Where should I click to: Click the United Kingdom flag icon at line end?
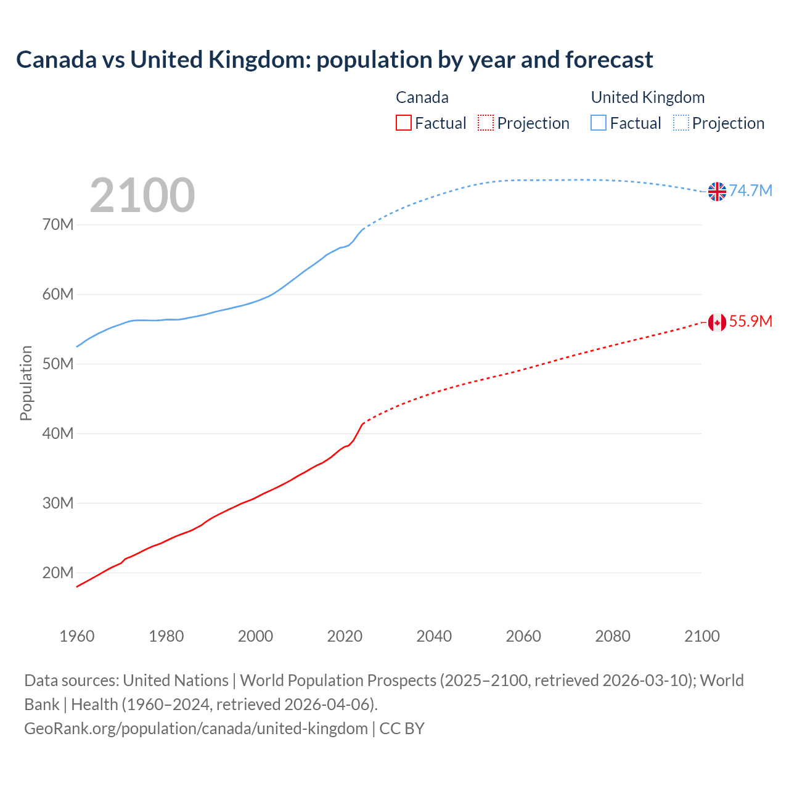click(x=717, y=192)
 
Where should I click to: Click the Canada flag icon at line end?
click(x=717, y=322)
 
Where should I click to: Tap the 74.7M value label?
click(x=750, y=190)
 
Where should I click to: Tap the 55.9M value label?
click(x=750, y=321)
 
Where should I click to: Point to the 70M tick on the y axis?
click(x=58, y=224)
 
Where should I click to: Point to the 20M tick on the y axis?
click(x=58, y=573)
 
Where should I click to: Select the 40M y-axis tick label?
click(x=58, y=433)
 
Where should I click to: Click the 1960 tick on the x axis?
click(x=77, y=636)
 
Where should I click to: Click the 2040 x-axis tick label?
click(x=434, y=636)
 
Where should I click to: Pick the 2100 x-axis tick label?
click(x=701, y=636)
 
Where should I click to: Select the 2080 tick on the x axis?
click(x=613, y=636)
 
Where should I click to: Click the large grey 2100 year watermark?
click(x=142, y=195)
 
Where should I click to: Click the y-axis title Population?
click(x=26, y=383)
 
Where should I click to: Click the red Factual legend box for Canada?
click(x=403, y=123)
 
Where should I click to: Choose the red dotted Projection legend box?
click(x=486, y=123)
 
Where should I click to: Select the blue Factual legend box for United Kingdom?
click(x=599, y=123)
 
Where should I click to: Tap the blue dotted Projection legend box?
click(x=681, y=123)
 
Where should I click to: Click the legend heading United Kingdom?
click(x=647, y=97)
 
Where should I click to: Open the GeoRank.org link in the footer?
click(x=196, y=729)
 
